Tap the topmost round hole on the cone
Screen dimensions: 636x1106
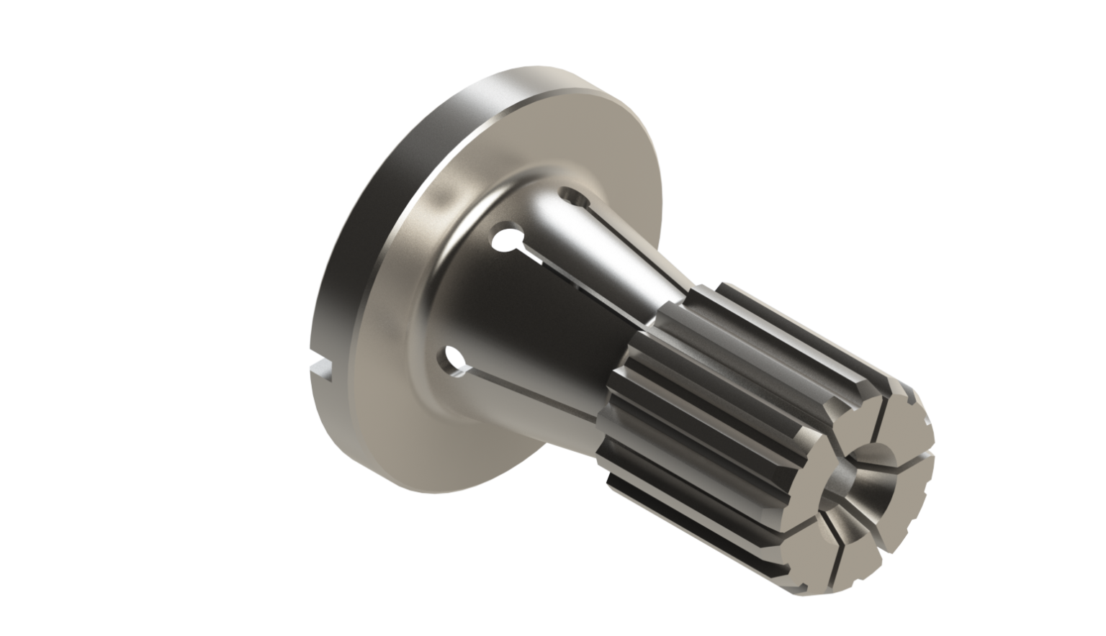pos(574,196)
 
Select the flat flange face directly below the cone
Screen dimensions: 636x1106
pos(461,446)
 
